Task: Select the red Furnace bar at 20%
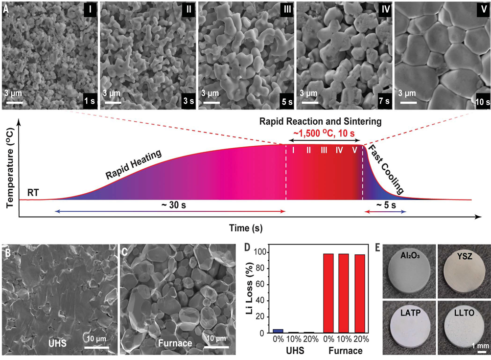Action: point(360,293)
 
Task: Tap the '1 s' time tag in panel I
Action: point(90,101)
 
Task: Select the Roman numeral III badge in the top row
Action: point(286,9)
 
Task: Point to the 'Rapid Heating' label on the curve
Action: point(134,164)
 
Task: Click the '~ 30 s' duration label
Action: point(173,205)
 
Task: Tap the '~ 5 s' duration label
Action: point(386,205)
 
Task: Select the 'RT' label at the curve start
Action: point(33,192)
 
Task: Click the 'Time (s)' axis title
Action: point(246,228)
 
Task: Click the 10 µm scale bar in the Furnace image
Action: point(217,347)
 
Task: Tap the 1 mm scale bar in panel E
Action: point(482,352)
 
